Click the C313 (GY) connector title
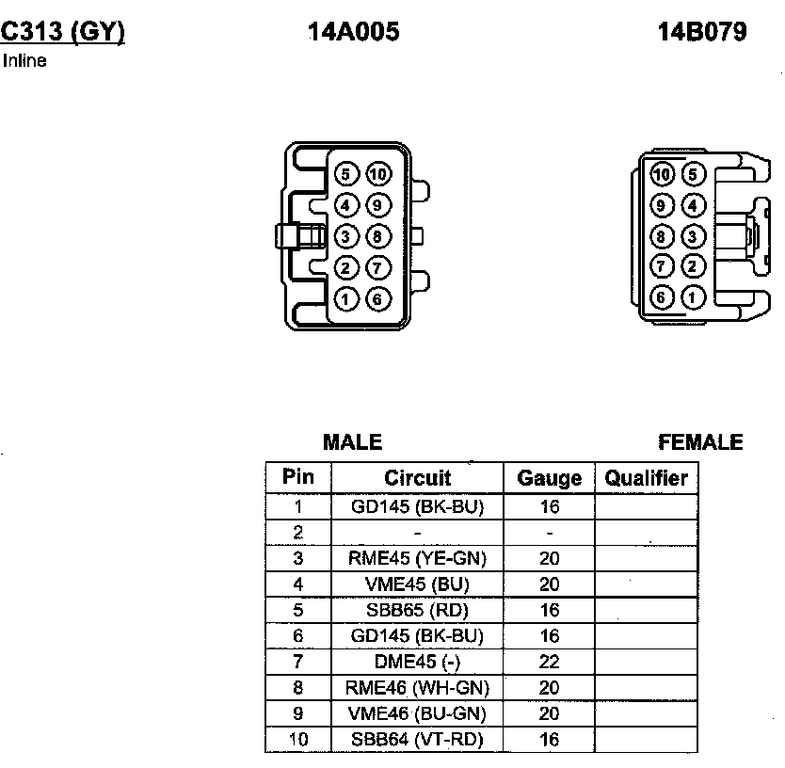(62, 32)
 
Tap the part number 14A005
(353, 32)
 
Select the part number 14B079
(702, 32)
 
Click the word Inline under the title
(24, 62)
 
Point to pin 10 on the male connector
(378, 174)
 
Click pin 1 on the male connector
(346, 300)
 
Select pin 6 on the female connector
(663, 298)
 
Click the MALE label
(352, 442)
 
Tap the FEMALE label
(700, 442)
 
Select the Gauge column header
(550, 478)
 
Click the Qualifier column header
(646, 478)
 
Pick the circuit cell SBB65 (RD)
(417, 610)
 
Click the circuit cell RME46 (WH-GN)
(417, 688)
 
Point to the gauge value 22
(550, 662)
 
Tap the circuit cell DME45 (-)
(417, 662)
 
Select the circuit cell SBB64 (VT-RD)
(417, 740)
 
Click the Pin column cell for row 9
(298, 713)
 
